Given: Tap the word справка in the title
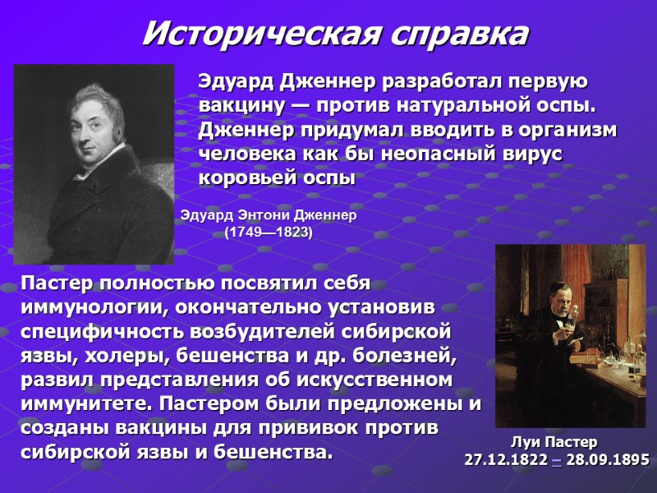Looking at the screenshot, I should click(x=460, y=34).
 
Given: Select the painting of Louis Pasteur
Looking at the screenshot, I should click(x=571, y=335).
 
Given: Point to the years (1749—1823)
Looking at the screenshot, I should click(x=269, y=233).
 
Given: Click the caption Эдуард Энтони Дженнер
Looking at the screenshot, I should click(x=269, y=216).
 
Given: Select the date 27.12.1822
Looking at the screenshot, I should click(x=506, y=459).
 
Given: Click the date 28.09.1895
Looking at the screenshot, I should click(x=609, y=459).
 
